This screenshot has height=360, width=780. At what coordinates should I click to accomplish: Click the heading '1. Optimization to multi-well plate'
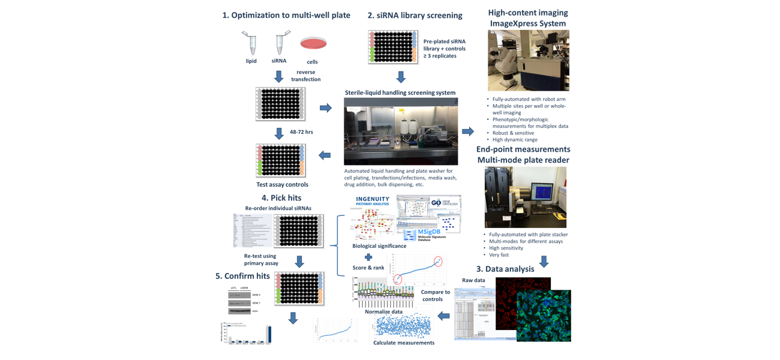(286, 15)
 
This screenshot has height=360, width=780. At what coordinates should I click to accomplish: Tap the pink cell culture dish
(313, 43)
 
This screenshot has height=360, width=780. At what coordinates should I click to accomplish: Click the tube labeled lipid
(250, 43)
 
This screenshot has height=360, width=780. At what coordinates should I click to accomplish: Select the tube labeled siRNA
(280, 43)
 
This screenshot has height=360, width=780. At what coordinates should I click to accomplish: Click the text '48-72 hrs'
(301, 132)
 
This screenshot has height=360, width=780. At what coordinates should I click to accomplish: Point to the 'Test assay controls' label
(282, 185)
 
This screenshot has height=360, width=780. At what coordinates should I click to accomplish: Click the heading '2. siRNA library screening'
(415, 15)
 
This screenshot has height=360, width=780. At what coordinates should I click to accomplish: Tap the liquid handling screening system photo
(401, 131)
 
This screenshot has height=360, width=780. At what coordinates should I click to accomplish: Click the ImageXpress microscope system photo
(528, 61)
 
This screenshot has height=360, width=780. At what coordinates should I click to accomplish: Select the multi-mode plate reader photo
(526, 197)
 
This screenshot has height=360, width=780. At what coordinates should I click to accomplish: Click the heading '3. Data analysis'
(505, 269)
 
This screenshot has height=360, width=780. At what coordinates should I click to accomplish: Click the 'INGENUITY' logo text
(373, 199)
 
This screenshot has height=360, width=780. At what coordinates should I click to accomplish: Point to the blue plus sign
(368, 257)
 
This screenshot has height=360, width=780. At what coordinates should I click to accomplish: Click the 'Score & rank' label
(368, 268)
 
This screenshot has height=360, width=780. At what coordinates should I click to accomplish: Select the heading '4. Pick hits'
(281, 197)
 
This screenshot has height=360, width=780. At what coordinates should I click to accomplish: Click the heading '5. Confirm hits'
(244, 276)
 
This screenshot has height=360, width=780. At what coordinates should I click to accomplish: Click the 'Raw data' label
(474, 280)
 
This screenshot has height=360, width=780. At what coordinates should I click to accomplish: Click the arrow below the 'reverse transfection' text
(279, 77)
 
